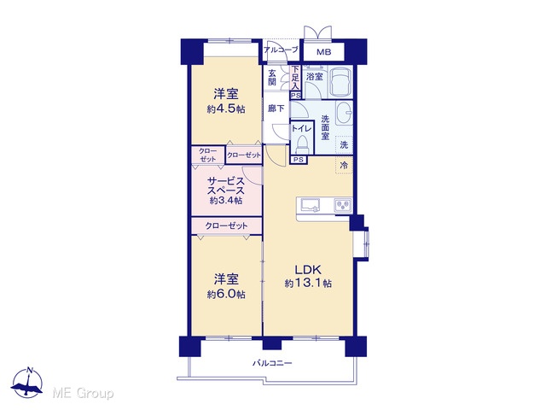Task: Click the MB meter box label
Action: tap(324, 52)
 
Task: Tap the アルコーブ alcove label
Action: tap(281, 50)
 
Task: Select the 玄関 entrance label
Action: tap(272, 78)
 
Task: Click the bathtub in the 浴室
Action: tap(340, 82)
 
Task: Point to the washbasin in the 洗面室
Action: tap(344, 113)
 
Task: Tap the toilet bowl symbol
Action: tap(301, 144)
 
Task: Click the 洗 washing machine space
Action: tap(344, 144)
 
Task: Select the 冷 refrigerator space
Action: tap(344, 165)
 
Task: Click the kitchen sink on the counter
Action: tap(311, 205)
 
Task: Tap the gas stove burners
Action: tap(343, 205)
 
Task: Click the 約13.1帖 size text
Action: tap(308, 283)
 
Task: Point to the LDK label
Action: tap(308, 270)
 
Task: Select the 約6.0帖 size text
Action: tap(226, 294)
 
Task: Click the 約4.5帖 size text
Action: tap(226, 109)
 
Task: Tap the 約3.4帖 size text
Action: tap(226, 201)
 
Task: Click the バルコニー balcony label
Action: tap(272, 363)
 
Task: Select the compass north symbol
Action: tap(26, 384)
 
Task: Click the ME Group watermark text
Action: tap(83, 394)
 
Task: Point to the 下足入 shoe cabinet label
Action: tap(295, 78)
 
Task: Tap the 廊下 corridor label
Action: tap(276, 108)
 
